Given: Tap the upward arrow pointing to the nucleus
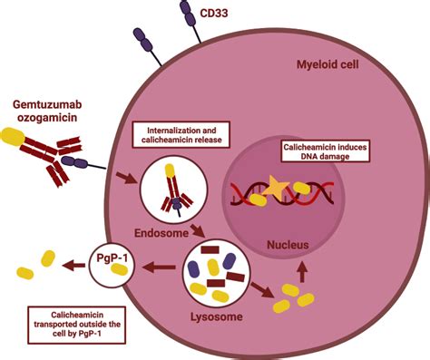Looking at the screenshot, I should tap(302, 271).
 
